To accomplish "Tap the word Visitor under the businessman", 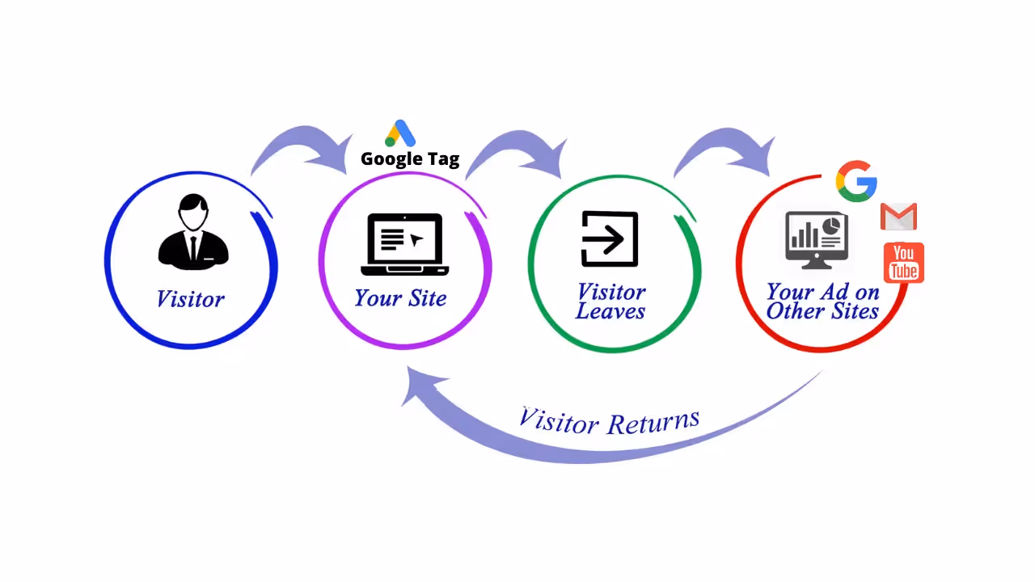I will point(190,299).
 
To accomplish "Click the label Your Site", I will point(400,297).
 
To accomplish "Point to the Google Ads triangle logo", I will point(400,133).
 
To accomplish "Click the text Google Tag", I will point(410,158).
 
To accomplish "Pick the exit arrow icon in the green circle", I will point(610,239).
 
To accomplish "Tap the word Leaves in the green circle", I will point(610,311).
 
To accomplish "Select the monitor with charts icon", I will point(817,239).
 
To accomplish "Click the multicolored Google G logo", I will point(856,181).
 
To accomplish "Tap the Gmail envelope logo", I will point(898,217).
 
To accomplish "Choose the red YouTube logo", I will point(904,263).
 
